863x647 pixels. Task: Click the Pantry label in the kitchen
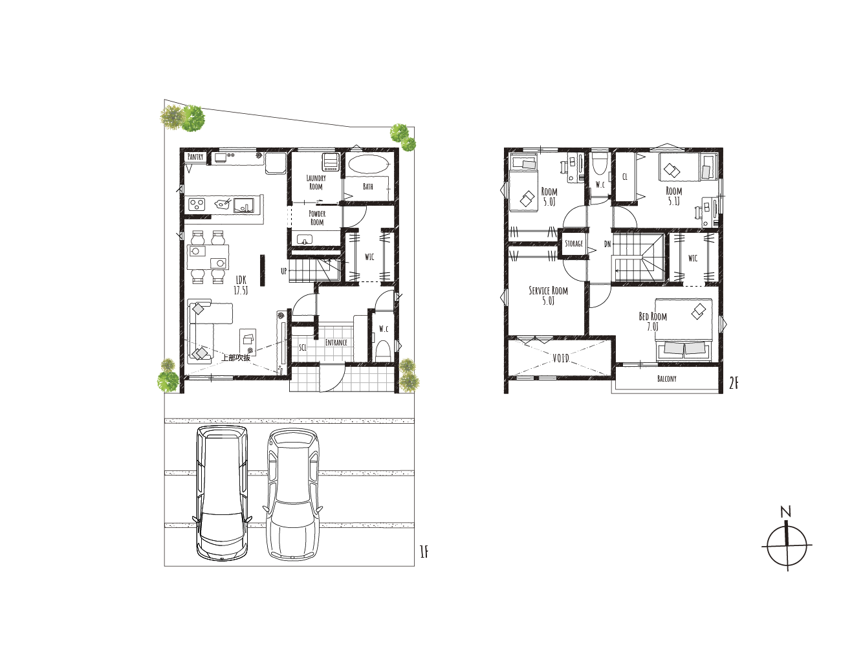tap(195, 157)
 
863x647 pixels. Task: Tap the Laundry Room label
tap(316, 182)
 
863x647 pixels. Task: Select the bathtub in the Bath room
tap(367, 164)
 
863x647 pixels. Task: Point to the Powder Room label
tap(317, 218)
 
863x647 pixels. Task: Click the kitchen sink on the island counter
tap(244, 205)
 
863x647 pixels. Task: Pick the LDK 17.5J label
tap(241, 285)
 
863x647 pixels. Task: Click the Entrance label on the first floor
tap(336, 342)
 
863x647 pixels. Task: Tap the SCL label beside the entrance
tap(303, 347)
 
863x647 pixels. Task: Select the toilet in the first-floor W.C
tap(382, 350)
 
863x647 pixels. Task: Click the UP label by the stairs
tap(284, 271)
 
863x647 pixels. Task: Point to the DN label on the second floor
tap(607, 244)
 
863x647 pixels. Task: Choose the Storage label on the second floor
tap(574, 243)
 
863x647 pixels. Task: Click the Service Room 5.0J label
tap(548, 296)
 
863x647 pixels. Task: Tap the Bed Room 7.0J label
tap(653, 321)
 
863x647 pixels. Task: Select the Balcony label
tap(667, 378)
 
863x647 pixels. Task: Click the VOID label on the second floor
tap(561, 358)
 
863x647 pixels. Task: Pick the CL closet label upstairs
tap(625, 177)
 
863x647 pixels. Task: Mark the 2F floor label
tap(734, 383)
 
